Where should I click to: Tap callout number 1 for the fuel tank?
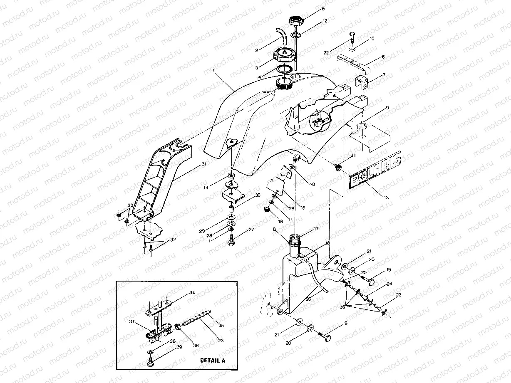[214, 71]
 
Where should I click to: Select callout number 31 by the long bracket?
[203, 164]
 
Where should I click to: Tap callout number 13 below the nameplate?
[387, 198]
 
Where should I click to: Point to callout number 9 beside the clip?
[387, 108]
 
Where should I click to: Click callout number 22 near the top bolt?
[326, 52]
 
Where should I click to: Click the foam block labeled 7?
[361, 82]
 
